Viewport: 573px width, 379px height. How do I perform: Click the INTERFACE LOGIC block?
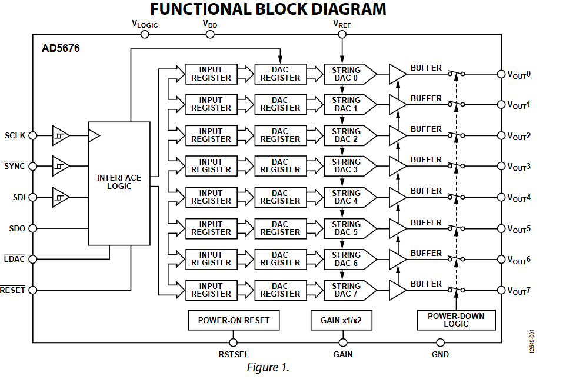click(119, 183)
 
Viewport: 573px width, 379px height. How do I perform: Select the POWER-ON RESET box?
click(234, 321)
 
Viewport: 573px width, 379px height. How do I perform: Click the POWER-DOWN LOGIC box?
click(456, 320)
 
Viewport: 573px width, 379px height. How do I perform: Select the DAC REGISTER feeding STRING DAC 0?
click(280, 74)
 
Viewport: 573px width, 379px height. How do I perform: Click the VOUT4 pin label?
click(519, 198)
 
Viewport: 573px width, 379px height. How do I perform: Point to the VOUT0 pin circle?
click(501, 74)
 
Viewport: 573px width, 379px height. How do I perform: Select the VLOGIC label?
click(144, 24)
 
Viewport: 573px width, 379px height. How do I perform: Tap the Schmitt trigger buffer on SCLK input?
click(60, 135)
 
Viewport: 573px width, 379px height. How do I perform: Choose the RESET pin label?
click(13, 290)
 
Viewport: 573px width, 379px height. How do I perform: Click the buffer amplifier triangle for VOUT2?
click(398, 135)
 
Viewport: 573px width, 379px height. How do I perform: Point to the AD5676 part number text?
click(60, 49)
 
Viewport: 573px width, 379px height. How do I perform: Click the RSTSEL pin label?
click(234, 354)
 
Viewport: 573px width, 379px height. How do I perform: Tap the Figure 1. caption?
click(268, 368)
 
